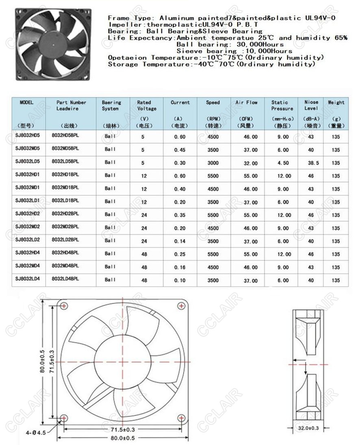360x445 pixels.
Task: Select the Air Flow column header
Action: (246, 103)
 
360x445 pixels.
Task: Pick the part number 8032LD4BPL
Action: (65, 279)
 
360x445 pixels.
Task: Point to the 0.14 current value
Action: (180, 241)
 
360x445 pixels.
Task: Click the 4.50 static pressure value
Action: (283, 163)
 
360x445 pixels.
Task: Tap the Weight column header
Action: (336, 103)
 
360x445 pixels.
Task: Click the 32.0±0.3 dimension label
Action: (308, 428)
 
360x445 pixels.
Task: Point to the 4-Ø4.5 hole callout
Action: (37, 433)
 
